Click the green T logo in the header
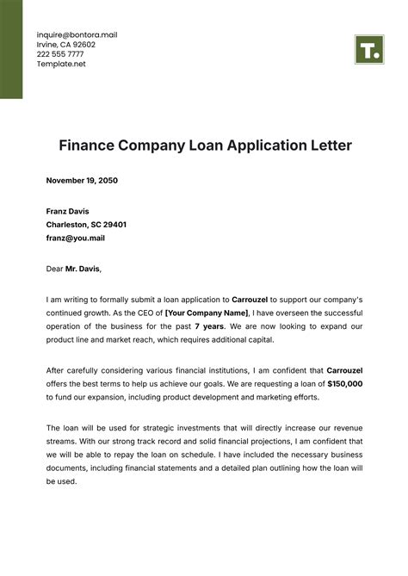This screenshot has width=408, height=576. point(368,49)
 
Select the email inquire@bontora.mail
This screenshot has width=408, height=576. point(77,34)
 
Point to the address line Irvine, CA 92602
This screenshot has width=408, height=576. point(65,45)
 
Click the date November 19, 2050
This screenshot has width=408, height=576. point(82,181)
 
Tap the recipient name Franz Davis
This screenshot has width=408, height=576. point(67,211)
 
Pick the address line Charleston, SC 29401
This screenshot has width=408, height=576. point(86,224)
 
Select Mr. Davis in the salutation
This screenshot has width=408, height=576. point(83,269)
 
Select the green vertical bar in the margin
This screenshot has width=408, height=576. point(11,49)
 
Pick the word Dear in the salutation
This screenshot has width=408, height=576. point(55,269)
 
